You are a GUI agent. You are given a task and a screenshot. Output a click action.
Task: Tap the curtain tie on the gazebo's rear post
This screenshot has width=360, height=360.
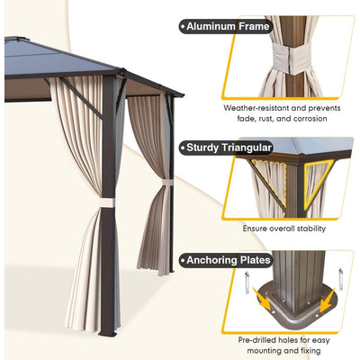(x=165, y=182)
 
